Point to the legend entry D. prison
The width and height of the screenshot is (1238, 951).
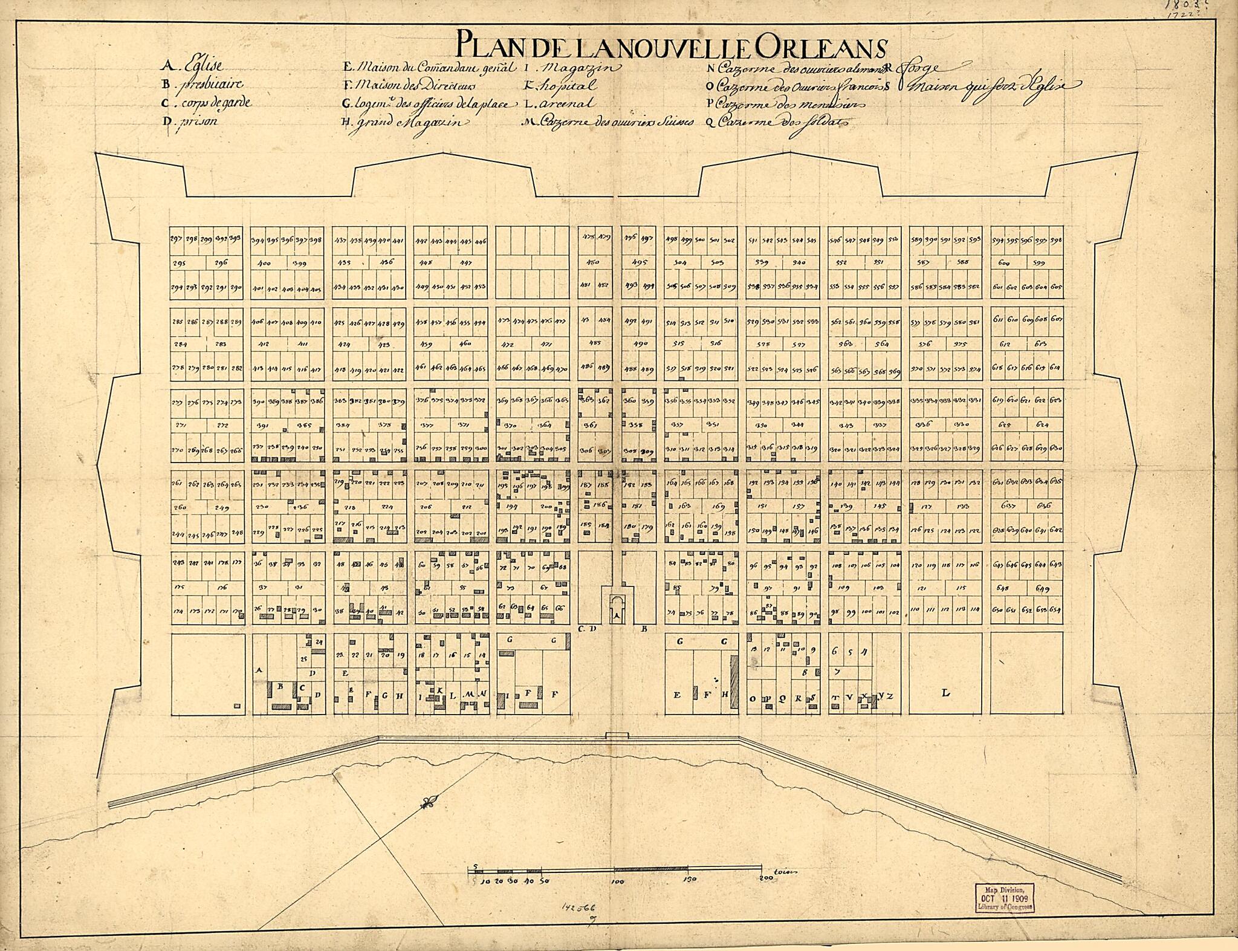point(189,120)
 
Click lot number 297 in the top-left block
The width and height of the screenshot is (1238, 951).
point(177,238)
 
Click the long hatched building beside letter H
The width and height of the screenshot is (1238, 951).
point(734,681)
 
